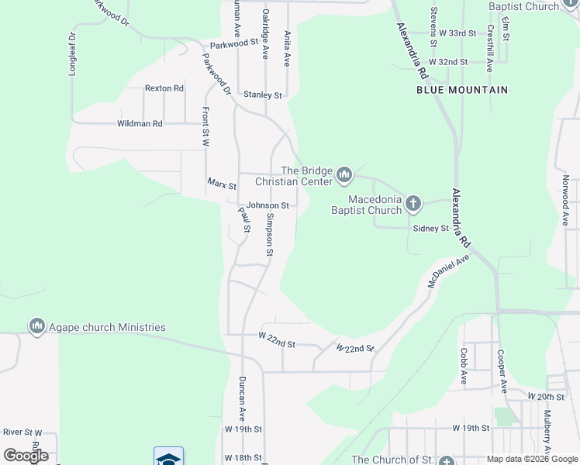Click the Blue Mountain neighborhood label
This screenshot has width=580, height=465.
click(462, 90)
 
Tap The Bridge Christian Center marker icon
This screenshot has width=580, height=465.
click(344, 177)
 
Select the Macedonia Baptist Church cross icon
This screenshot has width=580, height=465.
click(413, 205)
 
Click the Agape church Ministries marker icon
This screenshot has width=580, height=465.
click(36, 327)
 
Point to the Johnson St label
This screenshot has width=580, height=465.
click(268, 205)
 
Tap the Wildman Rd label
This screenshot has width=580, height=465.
click(140, 123)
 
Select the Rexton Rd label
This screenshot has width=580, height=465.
click(164, 88)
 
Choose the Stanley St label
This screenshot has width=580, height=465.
click(263, 95)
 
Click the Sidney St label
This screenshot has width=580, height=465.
click(431, 229)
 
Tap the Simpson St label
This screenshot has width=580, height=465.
click(269, 234)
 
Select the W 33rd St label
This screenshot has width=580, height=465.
click(457, 33)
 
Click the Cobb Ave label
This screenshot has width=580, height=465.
click(463, 366)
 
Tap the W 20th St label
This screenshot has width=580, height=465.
click(546, 396)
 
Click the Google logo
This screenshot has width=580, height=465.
click(26, 456)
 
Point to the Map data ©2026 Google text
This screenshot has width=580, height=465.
click(532, 459)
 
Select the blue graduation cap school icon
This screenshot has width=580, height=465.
click(169, 457)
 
